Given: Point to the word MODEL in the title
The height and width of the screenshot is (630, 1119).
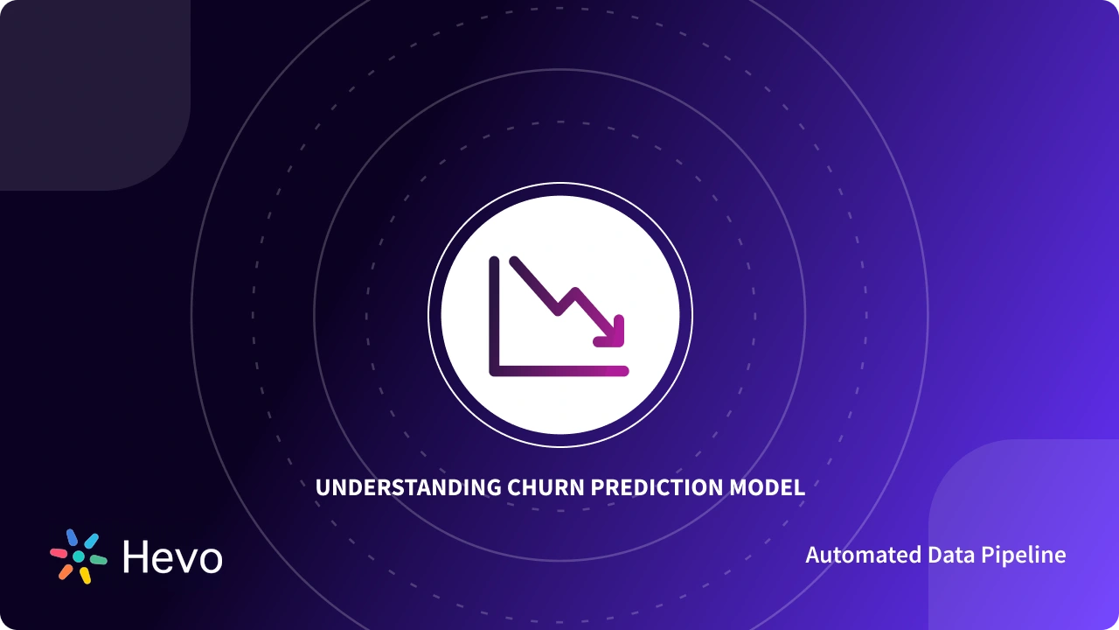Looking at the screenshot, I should [767, 488].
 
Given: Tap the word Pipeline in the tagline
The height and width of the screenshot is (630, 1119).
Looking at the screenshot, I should [1024, 556].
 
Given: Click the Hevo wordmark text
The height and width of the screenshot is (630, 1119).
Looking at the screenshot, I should [172, 556].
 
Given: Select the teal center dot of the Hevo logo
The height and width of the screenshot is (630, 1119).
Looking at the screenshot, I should [79, 556].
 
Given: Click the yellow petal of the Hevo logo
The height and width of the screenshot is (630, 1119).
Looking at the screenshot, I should [85, 575].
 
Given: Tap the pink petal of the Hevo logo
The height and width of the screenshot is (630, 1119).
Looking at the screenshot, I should [59, 553].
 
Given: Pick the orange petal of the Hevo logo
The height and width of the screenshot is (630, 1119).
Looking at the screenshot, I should [66, 571].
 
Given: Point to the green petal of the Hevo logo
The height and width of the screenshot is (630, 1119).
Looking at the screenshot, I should [98, 559].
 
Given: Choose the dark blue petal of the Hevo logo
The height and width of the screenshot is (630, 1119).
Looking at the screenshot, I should [72, 536].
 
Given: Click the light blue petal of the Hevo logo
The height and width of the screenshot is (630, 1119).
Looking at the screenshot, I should [91, 541].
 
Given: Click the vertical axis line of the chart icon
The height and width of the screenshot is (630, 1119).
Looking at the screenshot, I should [494, 315].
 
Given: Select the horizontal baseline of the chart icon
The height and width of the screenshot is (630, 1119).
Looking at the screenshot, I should [559, 371].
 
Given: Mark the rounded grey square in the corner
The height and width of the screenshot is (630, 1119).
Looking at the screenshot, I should [87, 87].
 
